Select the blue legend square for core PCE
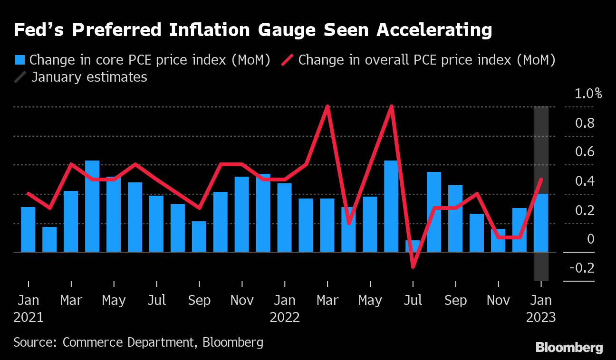click(x=20, y=60)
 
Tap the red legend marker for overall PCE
click(x=289, y=60)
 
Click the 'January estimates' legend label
click(x=89, y=77)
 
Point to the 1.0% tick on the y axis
click(x=588, y=94)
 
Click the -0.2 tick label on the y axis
click(x=581, y=268)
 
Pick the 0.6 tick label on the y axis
click(x=585, y=152)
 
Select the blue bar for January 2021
click(x=28, y=229)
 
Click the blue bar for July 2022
click(x=413, y=246)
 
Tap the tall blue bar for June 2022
click(x=391, y=206)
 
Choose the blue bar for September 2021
click(x=199, y=237)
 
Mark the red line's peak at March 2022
click(x=327, y=106)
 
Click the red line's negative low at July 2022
click(x=413, y=266)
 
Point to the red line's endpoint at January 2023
click(x=541, y=179)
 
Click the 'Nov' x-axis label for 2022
click(x=498, y=301)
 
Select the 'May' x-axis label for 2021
click(x=114, y=301)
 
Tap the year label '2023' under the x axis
click(x=541, y=317)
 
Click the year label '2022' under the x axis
click(x=285, y=317)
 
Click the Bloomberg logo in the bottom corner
click(x=569, y=348)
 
